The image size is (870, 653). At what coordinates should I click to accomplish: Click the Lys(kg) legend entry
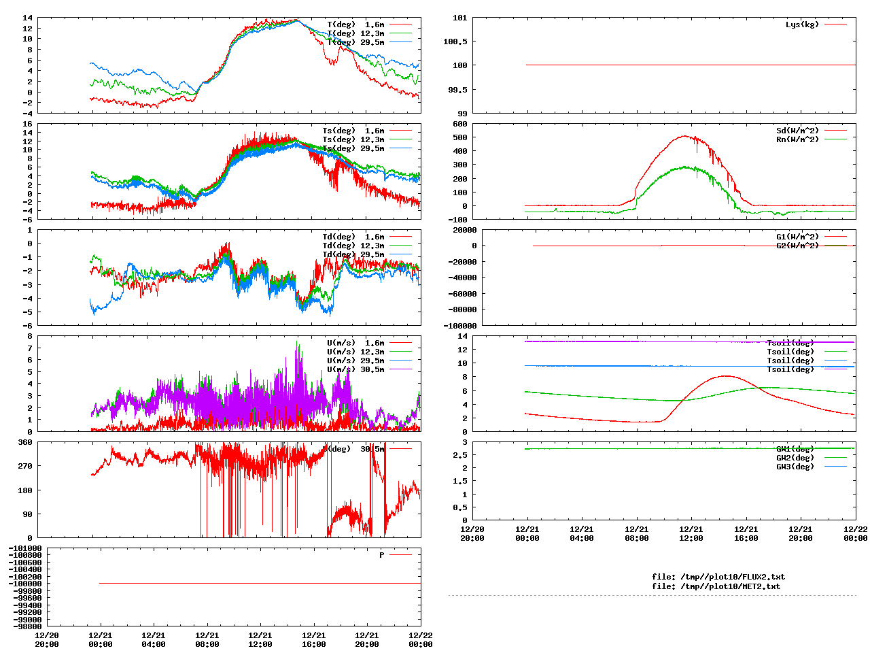(x=802, y=24)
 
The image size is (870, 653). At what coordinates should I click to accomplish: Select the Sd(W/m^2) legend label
(x=797, y=131)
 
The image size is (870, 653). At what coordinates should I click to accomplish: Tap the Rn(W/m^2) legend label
(x=797, y=139)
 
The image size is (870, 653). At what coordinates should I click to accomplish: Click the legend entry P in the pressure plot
(x=381, y=555)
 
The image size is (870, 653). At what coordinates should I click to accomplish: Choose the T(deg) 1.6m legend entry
(x=355, y=24)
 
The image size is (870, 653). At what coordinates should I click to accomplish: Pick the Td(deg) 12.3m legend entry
(x=353, y=246)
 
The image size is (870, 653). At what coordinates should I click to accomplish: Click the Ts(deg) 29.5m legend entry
(x=353, y=148)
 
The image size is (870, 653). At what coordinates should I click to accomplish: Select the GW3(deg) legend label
(x=795, y=467)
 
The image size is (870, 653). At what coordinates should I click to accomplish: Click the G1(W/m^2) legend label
(x=797, y=237)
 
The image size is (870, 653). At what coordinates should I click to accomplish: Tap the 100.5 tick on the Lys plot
(x=455, y=41)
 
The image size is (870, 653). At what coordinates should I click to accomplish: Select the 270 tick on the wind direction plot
(x=25, y=467)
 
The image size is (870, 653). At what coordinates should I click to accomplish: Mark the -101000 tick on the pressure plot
(x=25, y=548)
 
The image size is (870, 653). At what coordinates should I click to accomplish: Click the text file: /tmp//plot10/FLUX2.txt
(x=718, y=577)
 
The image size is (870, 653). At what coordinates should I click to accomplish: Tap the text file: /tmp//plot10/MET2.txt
(x=716, y=586)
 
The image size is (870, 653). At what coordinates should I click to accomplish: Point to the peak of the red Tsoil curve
(x=726, y=375)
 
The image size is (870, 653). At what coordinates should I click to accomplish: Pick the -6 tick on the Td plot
(x=27, y=325)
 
